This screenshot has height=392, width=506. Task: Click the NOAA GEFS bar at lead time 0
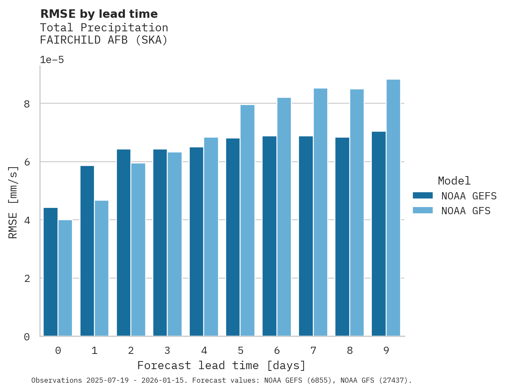click(x=50, y=272)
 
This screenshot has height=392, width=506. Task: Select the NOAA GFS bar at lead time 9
click(x=393, y=208)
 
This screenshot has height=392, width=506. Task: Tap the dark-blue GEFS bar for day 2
click(x=124, y=243)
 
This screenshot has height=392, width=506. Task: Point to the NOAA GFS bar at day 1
click(x=102, y=268)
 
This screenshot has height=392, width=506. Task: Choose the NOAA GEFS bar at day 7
click(x=306, y=236)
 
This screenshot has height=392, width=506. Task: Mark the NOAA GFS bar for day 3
click(x=174, y=244)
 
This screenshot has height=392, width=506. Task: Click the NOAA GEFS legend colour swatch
click(x=423, y=196)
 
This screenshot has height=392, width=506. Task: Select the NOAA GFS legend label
click(x=466, y=211)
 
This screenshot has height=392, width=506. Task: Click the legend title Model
click(x=454, y=181)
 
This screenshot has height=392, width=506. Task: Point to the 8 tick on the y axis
click(x=27, y=104)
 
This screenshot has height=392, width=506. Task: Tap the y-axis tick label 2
click(x=27, y=279)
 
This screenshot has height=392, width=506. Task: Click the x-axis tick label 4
click(x=204, y=351)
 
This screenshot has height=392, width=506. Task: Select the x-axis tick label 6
click(x=277, y=351)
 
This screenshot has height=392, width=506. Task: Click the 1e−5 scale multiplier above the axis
click(x=52, y=60)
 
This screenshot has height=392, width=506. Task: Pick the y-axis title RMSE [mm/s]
click(x=14, y=202)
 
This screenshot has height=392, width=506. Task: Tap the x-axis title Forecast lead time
click(x=221, y=366)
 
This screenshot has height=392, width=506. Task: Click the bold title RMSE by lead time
click(x=99, y=14)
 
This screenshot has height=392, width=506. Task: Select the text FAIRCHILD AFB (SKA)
click(x=104, y=40)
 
